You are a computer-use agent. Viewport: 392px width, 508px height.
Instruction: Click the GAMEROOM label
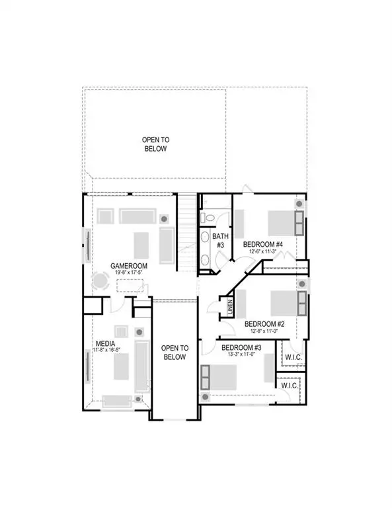pos(129,265)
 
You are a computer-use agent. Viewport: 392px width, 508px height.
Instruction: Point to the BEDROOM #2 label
pos(264,324)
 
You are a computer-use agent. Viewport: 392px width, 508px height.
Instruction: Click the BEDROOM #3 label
pos(241,348)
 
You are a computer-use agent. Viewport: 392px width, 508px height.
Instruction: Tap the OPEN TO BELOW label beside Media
pos(175,353)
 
